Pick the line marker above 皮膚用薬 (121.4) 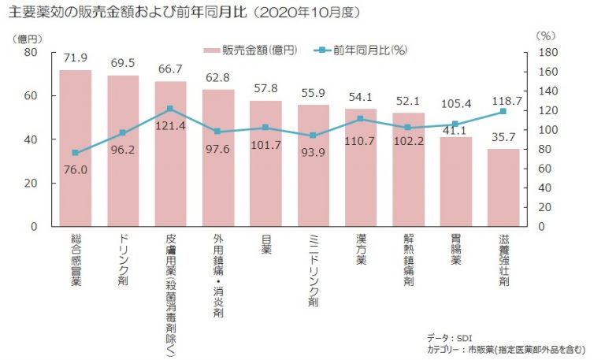171,109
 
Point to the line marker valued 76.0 76,153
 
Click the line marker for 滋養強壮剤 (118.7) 503,111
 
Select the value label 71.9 76,58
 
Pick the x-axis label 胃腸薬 456,250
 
